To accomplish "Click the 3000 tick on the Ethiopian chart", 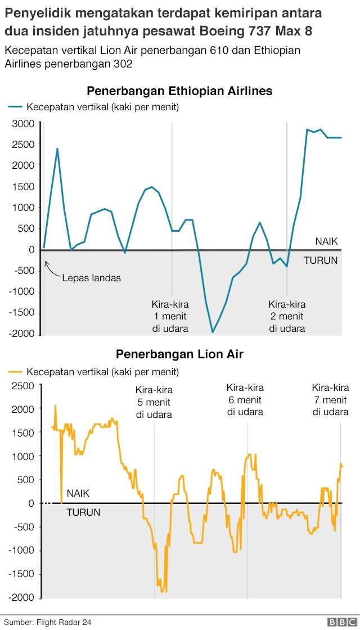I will tap(24, 124).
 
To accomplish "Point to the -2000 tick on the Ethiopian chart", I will tap(21, 334).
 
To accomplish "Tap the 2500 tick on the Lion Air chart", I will tap(23, 385).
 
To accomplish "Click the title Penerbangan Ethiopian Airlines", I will tap(179, 91).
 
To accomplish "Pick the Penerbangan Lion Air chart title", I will tap(179, 354).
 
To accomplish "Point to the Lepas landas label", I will tap(91, 278).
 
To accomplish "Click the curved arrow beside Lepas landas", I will tap(51, 271).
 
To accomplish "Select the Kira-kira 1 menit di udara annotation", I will tap(170, 316).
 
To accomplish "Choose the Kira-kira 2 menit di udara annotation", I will tap(287, 316).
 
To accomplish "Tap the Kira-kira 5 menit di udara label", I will tap(154, 402).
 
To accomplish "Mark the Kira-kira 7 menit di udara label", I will tap(331, 399).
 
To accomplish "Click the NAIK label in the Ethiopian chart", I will tap(326, 241).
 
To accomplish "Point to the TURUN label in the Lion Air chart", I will tap(83, 512).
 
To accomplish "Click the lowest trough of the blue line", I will tap(213, 332).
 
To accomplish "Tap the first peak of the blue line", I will tap(57, 149).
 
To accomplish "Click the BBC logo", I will tap(340, 622).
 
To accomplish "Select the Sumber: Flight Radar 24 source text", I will tap(48, 622).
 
